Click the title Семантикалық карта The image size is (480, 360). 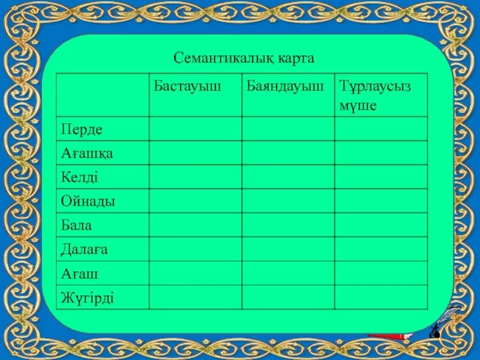pos(244,58)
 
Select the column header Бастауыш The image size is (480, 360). pos(187,86)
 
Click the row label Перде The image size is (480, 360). pos(82,129)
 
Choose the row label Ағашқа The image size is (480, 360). pos(87,153)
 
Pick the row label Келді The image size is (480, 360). pos(79,177)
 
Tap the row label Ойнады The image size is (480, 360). pos(88,201)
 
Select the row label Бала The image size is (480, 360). pos(76,226)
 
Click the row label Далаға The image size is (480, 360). pos(85,250)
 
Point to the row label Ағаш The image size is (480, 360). pos(79,274)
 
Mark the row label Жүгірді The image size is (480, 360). pos(88,298)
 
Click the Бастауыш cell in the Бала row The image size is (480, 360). pos(196,225)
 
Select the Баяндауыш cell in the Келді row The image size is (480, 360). pos(288,177)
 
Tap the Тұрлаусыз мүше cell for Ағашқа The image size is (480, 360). pos(381,153)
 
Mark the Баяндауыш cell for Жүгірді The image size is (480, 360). pos(288,298)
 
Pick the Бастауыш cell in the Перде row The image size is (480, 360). pos(196,129)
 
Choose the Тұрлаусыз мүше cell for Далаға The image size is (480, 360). pos(381,249)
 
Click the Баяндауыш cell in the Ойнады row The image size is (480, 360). pos(288,201)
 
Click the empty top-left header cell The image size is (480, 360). pos(103,95)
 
